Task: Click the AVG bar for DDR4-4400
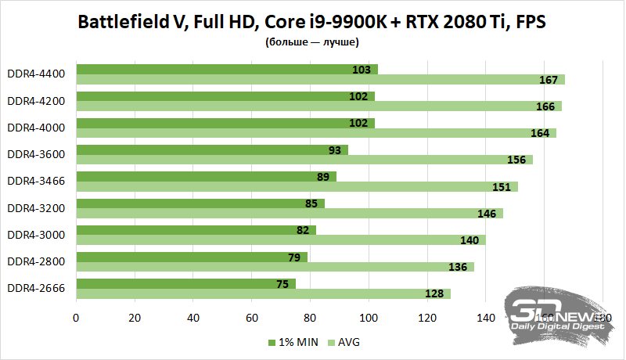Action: click(320, 79)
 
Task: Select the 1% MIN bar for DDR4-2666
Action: click(185, 283)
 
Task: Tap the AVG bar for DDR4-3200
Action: click(290, 213)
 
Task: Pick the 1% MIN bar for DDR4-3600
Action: click(212, 149)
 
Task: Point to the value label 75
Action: click(282, 284)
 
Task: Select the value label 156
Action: click(516, 160)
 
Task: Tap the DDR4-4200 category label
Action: click(36, 101)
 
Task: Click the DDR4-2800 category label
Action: click(36, 261)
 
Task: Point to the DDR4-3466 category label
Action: click(36, 181)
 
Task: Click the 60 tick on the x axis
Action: click(251, 319)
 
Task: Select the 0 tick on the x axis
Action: click(76, 319)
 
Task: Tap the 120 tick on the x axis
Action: click(426, 319)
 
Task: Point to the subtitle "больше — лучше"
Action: click(312, 42)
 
